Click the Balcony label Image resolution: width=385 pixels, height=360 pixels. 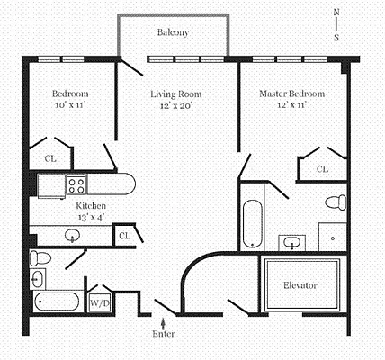(173, 33)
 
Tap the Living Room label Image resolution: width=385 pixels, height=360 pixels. (175, 94)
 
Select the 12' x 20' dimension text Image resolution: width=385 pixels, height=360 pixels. (175, 105)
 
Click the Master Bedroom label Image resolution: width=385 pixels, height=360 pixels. (291, 94)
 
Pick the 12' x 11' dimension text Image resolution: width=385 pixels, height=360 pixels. (291, 105)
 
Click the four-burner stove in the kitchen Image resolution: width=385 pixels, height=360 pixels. (76, 185)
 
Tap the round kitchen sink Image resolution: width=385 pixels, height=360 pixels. (72, 236)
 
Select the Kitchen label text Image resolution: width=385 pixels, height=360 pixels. (90, 205)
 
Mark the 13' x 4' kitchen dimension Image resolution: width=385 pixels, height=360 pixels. (90, 217)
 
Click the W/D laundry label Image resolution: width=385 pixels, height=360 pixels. (97, 303)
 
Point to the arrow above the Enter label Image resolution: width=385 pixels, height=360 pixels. (163, 319)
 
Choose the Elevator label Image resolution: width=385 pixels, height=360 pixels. (300, 285)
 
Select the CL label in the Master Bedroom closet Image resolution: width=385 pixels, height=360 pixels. (321, 168)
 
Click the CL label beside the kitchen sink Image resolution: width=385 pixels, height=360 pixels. (124, 236)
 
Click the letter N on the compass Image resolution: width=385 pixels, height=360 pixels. (336, 12)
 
